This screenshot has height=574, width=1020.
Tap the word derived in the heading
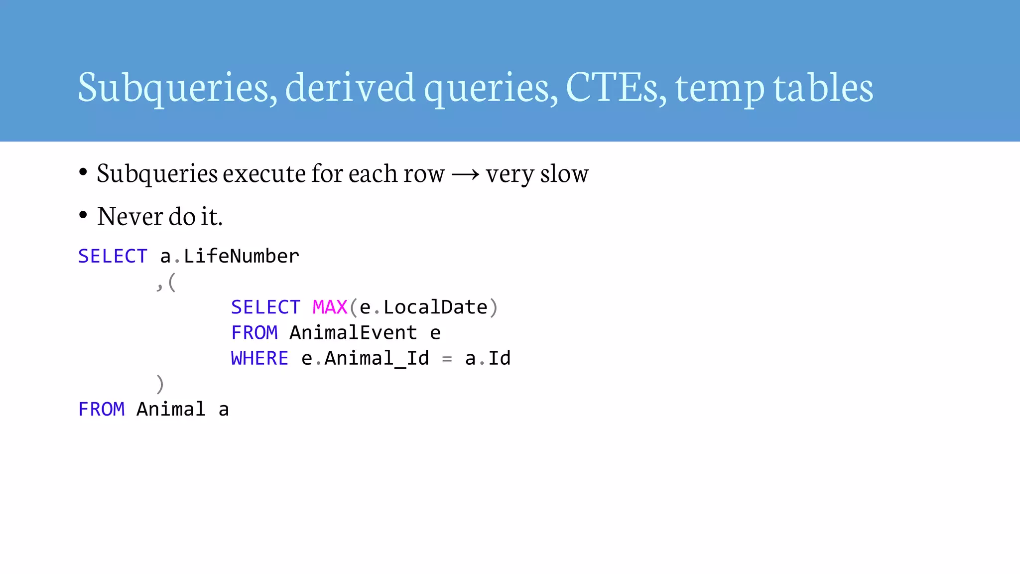click(350, 87)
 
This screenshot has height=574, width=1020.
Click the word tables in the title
click(823, 87)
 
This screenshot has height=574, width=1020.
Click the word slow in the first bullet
click(564, 174)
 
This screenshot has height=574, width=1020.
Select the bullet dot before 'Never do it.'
click(83, 215)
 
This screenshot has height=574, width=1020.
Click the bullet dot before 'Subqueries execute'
click(83, 172)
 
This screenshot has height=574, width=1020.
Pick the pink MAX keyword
click(330, 307)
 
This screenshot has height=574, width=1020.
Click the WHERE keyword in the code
click(259, 358)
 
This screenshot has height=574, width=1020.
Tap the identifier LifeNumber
click(242, 256)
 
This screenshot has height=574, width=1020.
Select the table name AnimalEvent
click(353, 333)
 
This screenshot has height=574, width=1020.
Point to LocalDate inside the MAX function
click(435, 307)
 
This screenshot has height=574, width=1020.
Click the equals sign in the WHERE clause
click(447, 359)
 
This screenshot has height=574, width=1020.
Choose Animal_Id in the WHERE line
click(377, 359)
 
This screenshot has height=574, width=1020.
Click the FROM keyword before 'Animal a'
click(102, 410)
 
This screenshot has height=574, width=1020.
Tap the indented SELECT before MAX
click(265, 307)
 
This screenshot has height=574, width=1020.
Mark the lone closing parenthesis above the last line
click(160, 384)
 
